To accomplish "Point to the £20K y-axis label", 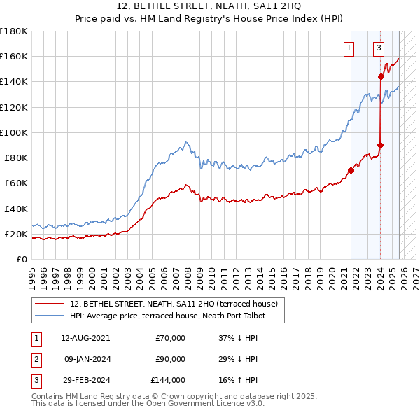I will tap(16, 234).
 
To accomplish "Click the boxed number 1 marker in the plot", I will tap(349, 48).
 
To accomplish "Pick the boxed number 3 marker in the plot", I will tap(379, 48).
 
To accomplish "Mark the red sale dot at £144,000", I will tap(381, 76).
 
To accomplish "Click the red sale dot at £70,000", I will tap(351, 170).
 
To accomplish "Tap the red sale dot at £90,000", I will tap(380, 145).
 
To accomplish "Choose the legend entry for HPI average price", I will tap(177, 316).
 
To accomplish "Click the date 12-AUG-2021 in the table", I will tap(85, 338).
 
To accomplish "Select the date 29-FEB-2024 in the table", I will tap(85, 381).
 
